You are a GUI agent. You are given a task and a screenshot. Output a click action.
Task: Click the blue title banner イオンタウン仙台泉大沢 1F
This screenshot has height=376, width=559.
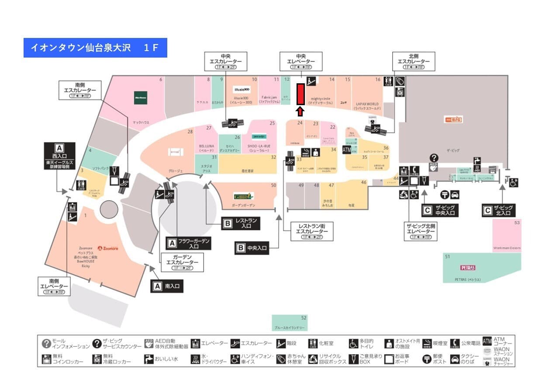[95, 48]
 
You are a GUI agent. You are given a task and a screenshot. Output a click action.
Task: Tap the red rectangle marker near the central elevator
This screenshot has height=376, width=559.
[300, 94]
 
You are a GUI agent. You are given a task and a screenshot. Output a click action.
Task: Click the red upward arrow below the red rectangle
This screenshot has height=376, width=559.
[300, 112]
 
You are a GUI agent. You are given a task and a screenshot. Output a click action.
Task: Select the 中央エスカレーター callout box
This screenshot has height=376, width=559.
[226, 62]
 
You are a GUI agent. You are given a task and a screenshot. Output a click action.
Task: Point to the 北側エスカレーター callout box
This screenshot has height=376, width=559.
[414, 62]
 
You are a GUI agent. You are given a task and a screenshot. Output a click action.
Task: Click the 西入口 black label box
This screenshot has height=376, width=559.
[59, 156]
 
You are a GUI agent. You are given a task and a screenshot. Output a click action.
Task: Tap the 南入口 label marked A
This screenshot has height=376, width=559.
[167, 286]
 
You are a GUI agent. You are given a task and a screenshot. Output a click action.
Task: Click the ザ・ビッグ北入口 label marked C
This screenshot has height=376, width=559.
[499, 210]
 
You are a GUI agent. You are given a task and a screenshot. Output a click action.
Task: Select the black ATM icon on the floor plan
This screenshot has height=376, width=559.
[347, 150]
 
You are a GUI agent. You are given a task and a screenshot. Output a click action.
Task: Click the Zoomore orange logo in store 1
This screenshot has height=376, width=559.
[109, 248]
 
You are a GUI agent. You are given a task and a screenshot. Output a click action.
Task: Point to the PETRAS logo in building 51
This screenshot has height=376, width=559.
[468, 267]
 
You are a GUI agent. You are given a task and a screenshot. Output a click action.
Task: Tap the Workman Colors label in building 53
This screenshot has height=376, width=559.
[507, 248]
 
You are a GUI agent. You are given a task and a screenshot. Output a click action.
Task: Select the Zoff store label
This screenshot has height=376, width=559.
[344, 103]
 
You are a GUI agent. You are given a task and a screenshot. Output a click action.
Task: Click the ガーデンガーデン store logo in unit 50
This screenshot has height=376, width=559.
[243, 196]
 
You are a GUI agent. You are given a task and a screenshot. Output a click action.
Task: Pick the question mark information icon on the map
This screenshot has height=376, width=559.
[434, 158]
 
